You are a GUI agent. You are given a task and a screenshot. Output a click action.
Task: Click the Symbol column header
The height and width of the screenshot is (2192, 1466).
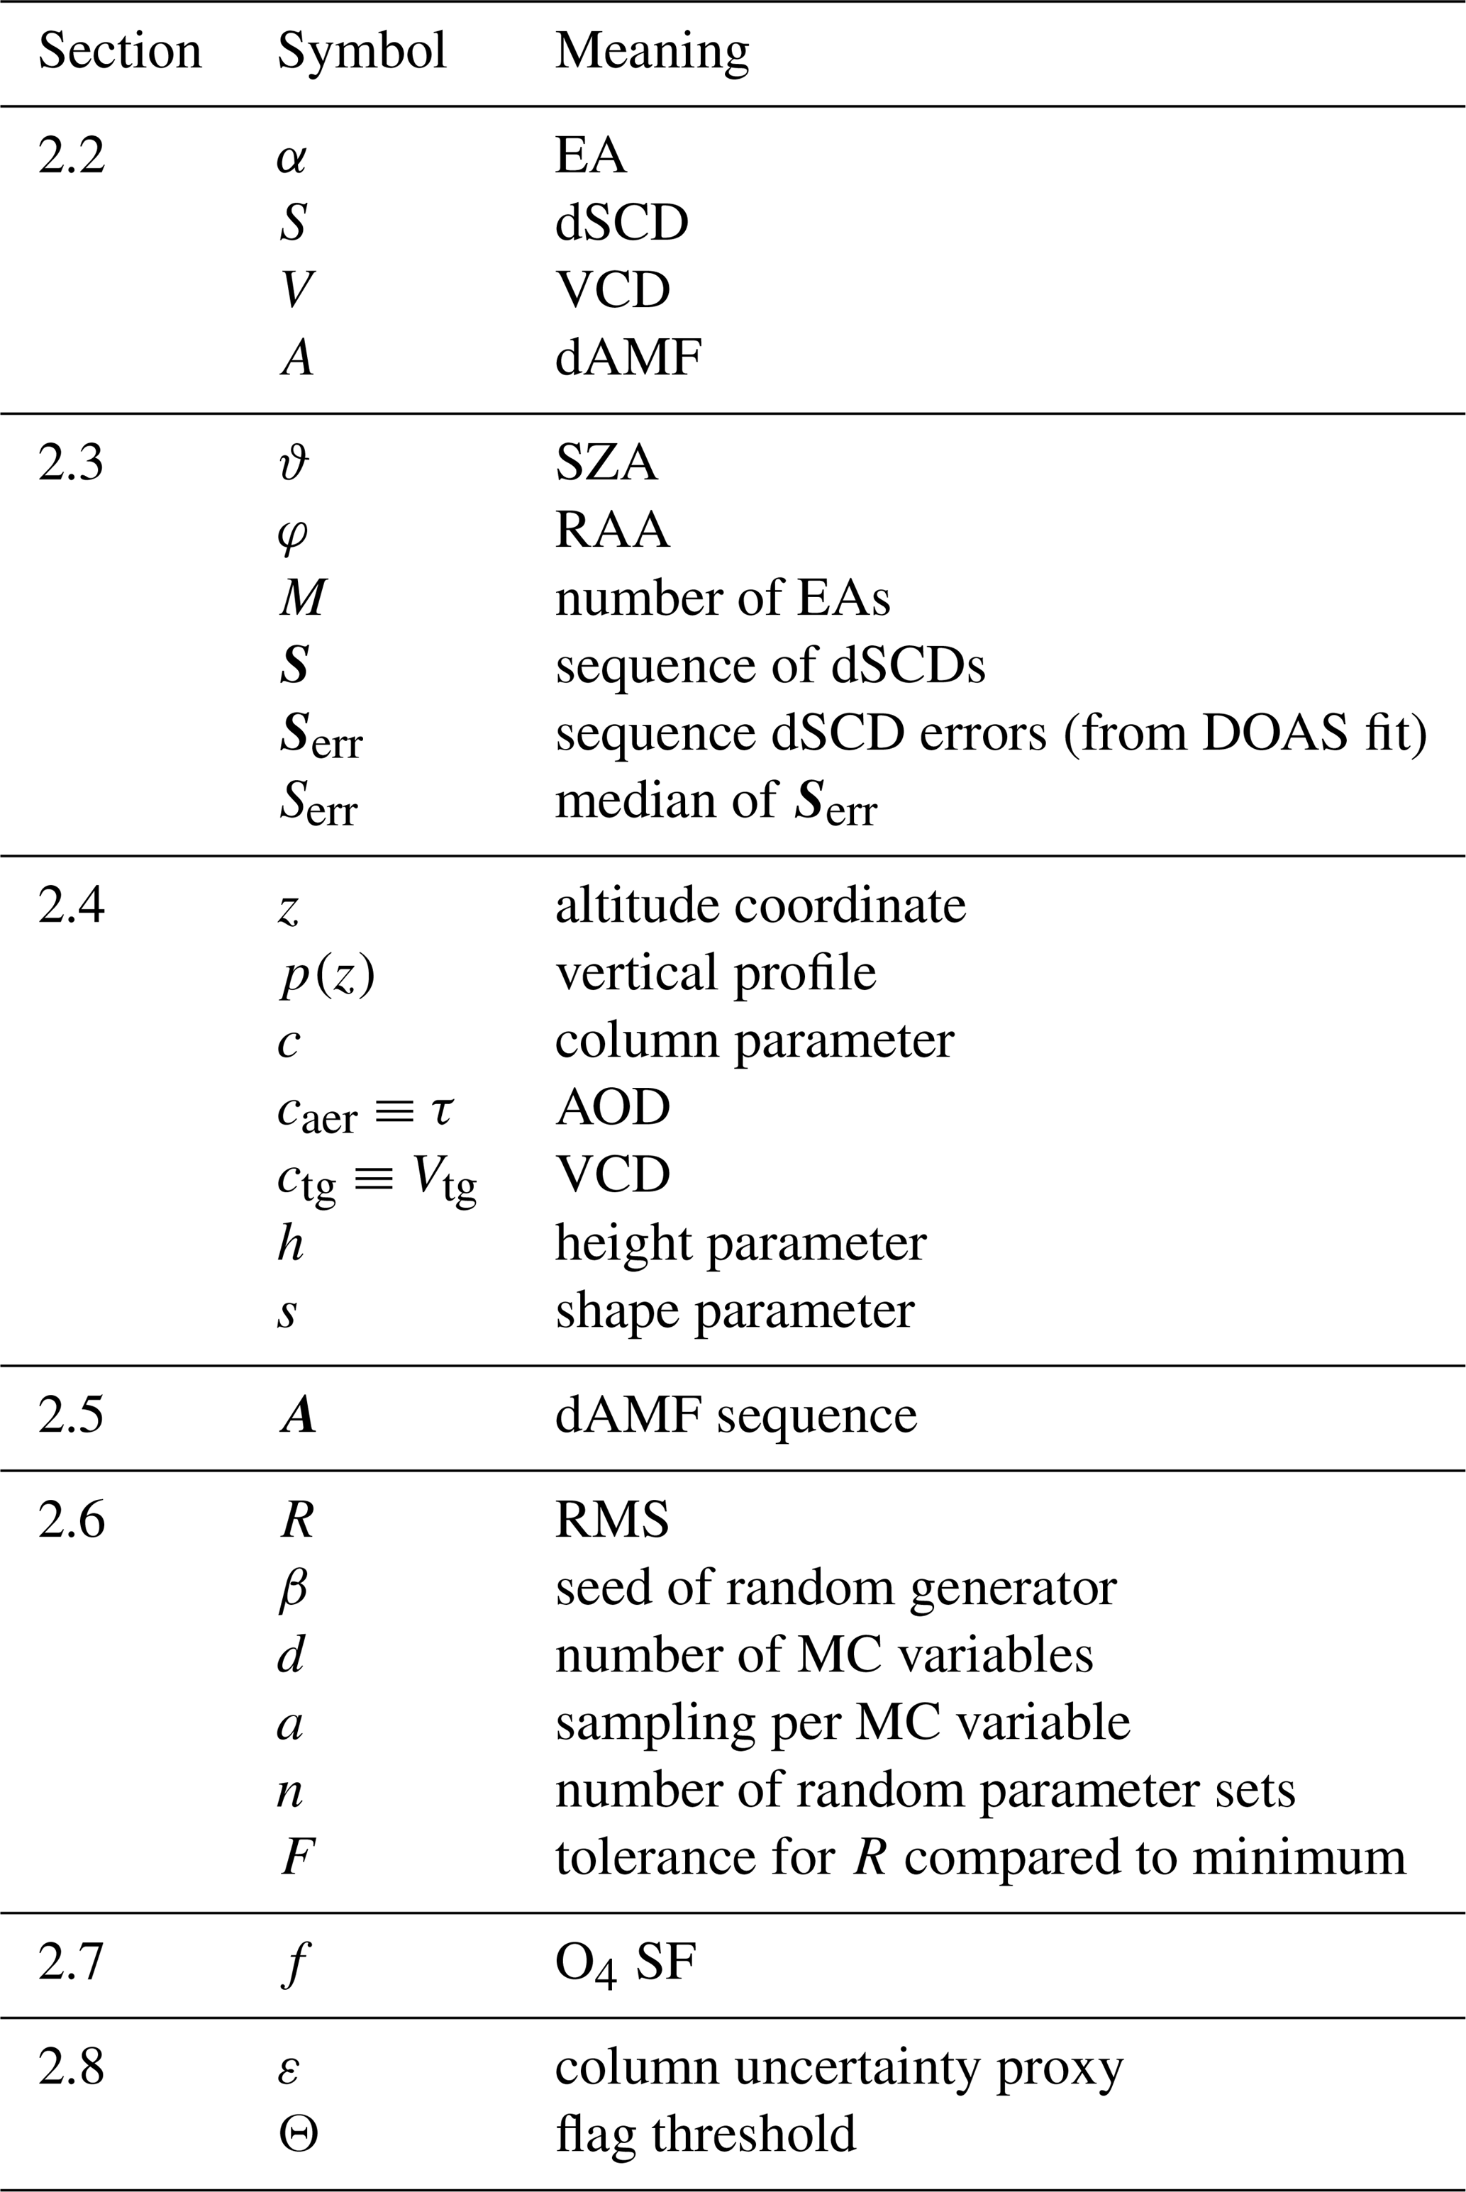tap(362, 51)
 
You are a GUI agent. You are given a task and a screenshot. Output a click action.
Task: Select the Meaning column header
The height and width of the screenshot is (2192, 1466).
tap(652, 51)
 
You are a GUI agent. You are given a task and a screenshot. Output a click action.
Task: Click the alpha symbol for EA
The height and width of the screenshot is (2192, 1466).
tap(291, 157)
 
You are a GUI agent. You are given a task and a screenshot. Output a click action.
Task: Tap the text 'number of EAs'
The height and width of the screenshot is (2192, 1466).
tap(722, 599)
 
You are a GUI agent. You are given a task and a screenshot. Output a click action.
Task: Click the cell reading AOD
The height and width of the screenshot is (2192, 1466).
tap(612, 1108)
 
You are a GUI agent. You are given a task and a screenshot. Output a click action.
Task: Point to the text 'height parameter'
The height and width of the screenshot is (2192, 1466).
tap(740, 1243)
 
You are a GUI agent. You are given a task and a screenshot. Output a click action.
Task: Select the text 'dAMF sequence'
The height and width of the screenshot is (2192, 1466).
tap(735, 1415)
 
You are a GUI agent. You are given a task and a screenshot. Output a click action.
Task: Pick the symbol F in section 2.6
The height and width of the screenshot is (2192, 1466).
tap(297, 1857)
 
